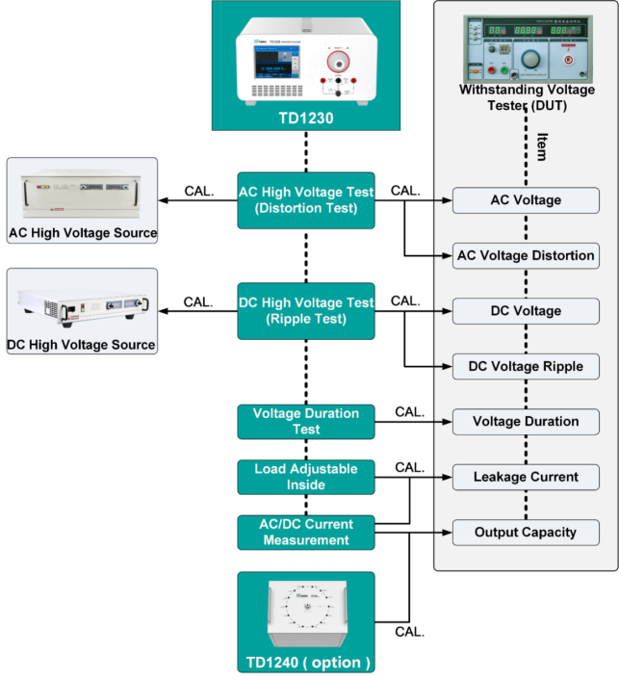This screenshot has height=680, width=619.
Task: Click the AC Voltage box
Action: coord(526,200)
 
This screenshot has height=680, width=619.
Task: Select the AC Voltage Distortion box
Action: coord(526,255)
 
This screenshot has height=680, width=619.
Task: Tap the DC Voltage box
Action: coord(526,311)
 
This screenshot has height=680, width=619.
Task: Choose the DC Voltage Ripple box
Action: coord(526,366)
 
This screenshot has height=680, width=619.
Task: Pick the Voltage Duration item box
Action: coord(526,421)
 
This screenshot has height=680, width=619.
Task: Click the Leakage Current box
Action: coord(526,476)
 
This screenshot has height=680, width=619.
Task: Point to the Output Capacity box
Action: coord(526,532)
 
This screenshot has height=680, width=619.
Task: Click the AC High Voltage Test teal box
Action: coord(306,199)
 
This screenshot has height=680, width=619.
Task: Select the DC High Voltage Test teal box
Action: coord(306,310)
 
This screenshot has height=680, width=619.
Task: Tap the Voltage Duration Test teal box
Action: coord(306,421)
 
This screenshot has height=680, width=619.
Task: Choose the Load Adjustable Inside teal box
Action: coord(306,476)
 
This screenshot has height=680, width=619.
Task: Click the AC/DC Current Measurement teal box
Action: coord(306,532)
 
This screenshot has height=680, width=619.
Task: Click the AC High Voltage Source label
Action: coord(83,233)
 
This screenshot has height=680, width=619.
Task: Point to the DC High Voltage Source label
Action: coord(83,345)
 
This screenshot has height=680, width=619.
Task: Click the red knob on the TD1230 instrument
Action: coord(338,63)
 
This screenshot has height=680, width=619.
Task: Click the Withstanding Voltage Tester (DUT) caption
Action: coord(527,97)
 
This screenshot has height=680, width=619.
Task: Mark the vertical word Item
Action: coord(541,146)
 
